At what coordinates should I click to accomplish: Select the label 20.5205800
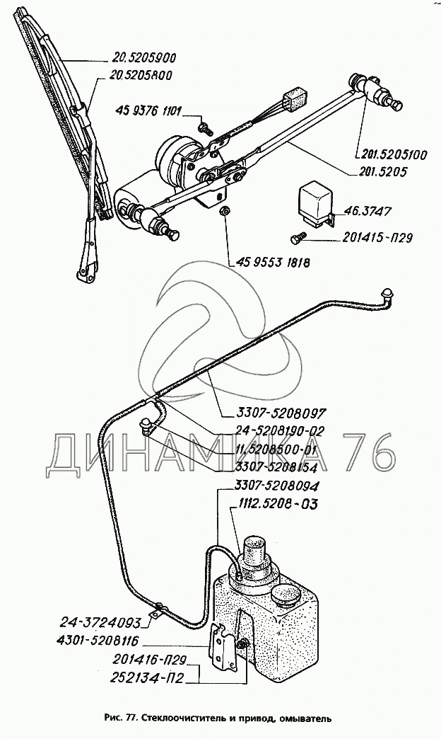[x=143, y=75]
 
